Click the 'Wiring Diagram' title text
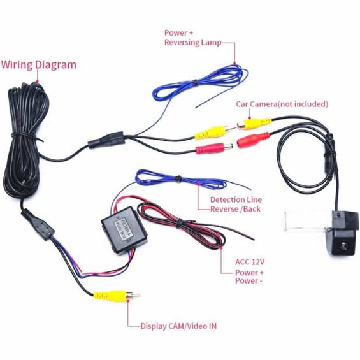39,65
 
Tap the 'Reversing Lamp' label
193,43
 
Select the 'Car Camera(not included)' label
282,104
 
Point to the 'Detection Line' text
236,199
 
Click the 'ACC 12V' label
250,262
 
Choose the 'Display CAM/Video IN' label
178,326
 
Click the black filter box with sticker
124,230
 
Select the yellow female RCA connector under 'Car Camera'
254,124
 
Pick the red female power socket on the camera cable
253,140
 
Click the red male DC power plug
214,148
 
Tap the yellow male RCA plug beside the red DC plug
215,133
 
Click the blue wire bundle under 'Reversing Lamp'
199,84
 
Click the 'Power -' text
248,280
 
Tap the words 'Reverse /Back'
236,209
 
